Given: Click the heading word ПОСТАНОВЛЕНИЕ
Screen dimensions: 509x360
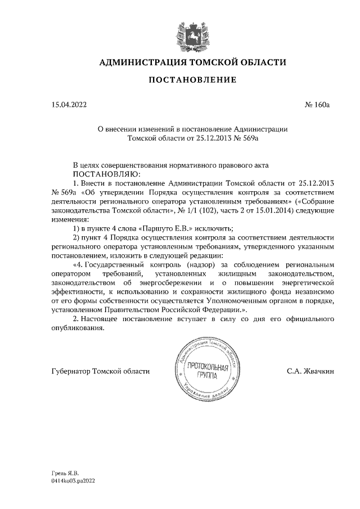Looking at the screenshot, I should pos(192,80).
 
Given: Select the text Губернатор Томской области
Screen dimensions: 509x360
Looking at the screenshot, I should pos(100,371).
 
